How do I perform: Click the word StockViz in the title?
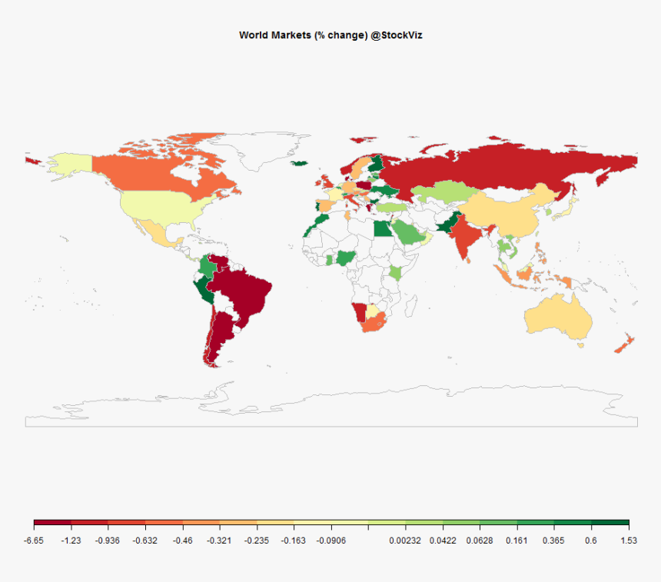coord(398,35)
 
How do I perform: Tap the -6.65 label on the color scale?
coord(34,540)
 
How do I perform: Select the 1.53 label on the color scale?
coord(629,540)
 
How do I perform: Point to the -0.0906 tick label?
coord(330,540)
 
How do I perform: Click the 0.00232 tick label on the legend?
coord(405,540)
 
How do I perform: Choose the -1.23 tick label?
coord(71,540)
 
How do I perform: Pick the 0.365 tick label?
coord(553,540)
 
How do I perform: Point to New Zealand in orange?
coord(623,344)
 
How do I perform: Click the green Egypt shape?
coord(382,230)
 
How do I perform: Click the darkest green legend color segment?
coord(610,524)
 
